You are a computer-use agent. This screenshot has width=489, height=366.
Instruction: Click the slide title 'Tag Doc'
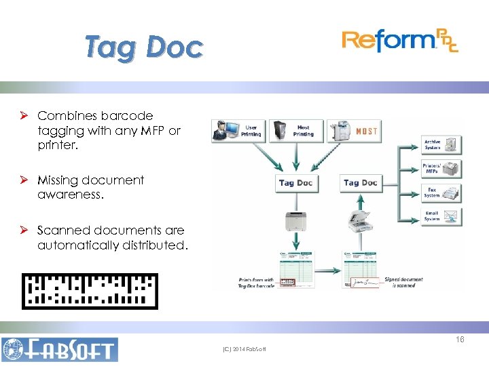pyautogui.click(x=144, y=47)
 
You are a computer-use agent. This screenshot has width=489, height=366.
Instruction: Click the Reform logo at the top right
pyautogui.click(x=400, y=41)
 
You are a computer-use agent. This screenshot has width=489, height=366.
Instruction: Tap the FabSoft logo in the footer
pyautogui.click(x=60, y=349)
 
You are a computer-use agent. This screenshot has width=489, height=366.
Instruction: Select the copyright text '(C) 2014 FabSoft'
pyautogui.click(x=244, y=349)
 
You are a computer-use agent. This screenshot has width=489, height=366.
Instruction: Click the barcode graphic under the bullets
pyautogui.click(x=90, y=291)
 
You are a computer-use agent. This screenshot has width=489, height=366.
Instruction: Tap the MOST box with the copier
pyautogui.click(x=352, y=130)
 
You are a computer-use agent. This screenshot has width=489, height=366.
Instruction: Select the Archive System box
pyautogui.click(x=442, y=144)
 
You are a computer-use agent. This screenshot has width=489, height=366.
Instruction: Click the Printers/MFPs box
pyautogui.click(x=442, y=169)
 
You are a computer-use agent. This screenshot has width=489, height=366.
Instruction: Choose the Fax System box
pyautogui.click(x=442, y=192)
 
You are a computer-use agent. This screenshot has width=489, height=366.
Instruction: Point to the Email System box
pyautogui.click(x=442, y=216)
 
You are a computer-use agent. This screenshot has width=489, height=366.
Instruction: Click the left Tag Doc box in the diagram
pyautogui.click(x=295, y=183)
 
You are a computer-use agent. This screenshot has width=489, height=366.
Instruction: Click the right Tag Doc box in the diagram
pyautogui.click(x=360, y=183)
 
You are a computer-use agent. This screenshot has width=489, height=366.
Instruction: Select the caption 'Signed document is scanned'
pyautogui.click(x=403, y=282)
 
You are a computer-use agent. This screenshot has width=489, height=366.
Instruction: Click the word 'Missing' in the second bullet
pyautogui.click(x=57, y=180)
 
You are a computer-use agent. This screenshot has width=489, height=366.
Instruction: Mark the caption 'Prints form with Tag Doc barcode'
pyautogui.click(x=256, y=283)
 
